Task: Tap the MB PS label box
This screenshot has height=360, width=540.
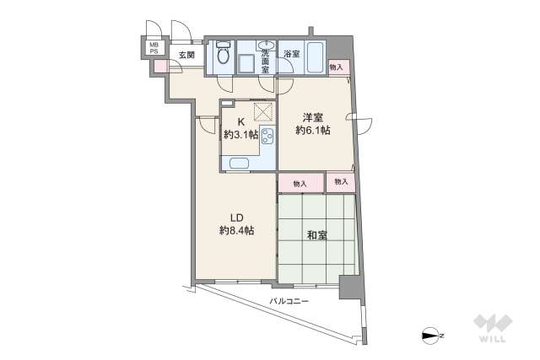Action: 154,48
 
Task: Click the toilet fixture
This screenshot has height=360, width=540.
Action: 222,53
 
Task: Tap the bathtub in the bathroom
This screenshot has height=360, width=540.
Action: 313,56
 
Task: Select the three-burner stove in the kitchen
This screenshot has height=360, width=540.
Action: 267,136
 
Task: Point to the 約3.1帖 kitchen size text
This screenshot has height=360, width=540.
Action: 240,135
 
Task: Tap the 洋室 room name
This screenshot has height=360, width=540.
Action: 312,117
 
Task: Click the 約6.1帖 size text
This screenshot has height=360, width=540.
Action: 312,131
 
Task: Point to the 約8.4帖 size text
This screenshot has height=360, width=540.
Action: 236,230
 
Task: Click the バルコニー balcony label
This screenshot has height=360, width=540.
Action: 289,301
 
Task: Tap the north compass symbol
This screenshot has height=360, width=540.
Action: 431,336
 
